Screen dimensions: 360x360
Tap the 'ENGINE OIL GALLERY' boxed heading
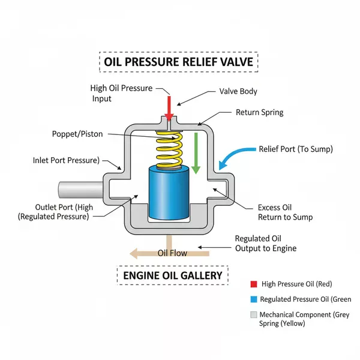pyautogui.click(x=172, y=275)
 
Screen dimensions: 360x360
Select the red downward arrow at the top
pyautogui.click(x=169, y=108)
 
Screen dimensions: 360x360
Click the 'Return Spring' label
pyautogui.click(x=259, y=112)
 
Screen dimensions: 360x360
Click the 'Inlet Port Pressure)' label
pyautogui.click(x=67, y=161)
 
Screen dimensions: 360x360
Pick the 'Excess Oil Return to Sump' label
pyautogui.click(x=285, y=212)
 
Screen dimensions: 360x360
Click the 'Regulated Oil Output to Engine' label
pyautogui.click(x=266, y=243)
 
